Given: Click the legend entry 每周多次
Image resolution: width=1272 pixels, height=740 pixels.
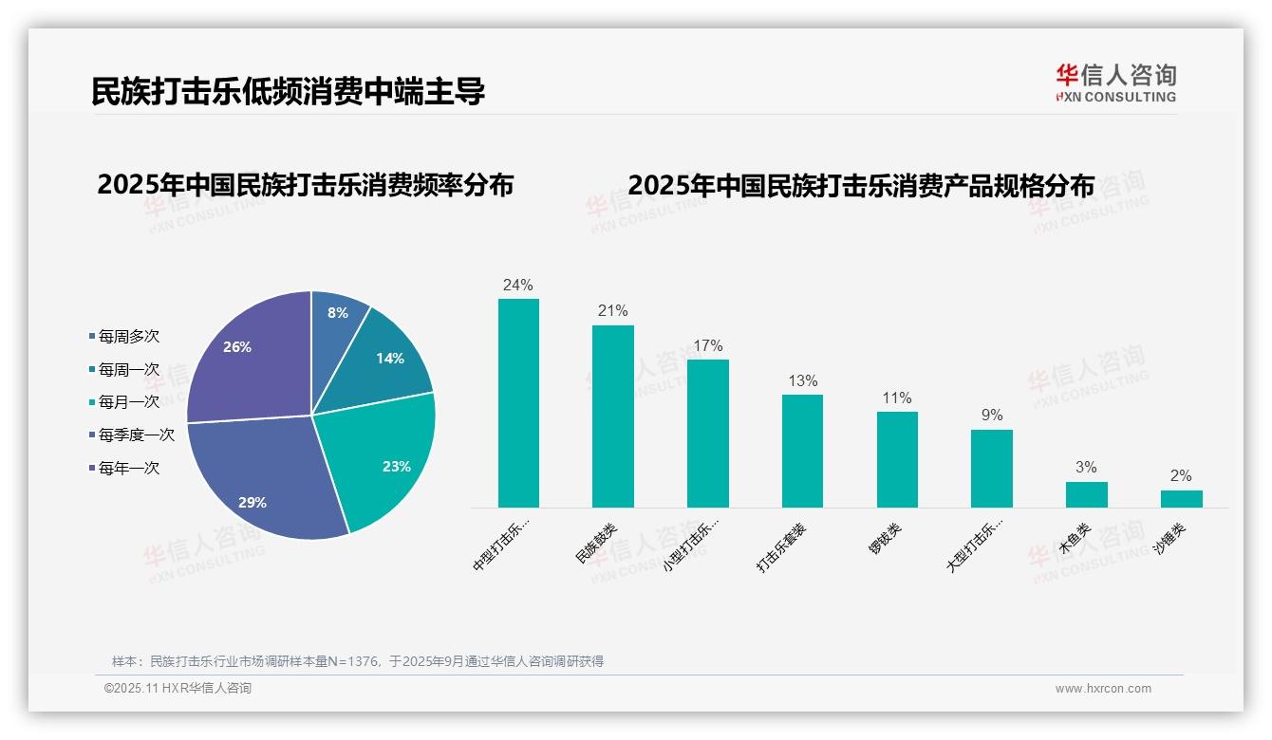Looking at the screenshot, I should click(128, 336).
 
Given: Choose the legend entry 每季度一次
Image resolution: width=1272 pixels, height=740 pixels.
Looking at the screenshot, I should click(136, 435).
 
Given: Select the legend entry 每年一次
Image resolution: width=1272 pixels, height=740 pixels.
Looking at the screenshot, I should click(128, 468).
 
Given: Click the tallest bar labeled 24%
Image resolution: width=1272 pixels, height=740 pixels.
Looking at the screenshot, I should click(518, 403).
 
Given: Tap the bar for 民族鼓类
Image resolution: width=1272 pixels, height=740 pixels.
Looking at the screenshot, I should click(613, 416).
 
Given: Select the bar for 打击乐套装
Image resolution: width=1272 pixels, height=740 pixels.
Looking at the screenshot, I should click(802, 451).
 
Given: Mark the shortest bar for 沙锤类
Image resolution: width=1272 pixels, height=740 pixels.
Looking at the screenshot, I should click(1181, 499).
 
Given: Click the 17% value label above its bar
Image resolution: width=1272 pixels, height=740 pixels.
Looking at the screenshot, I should click(707, 345).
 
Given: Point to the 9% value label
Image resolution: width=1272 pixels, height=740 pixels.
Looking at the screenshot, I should click(991, 415).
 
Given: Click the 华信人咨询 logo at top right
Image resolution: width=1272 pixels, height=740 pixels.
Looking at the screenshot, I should click(1115, 83).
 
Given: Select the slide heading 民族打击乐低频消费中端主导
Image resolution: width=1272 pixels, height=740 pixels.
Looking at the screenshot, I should click(289, 91).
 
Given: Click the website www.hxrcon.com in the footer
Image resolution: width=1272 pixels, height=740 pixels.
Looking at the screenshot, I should click(1103, 689).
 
